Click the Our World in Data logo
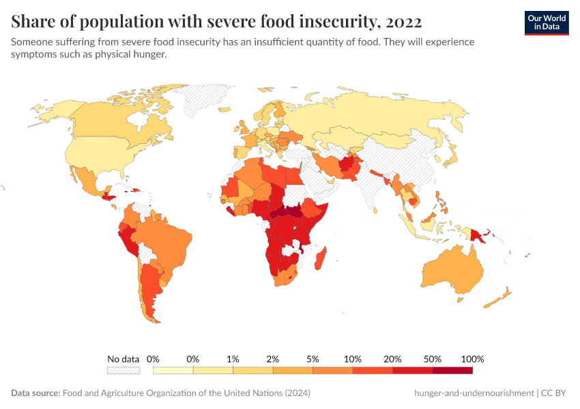click(546, 22)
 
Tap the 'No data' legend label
click(123, 359)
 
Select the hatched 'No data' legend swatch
click(123, 370)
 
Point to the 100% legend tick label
click(472, 359)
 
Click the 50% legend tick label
click(433, 359)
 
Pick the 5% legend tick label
click(313, 359)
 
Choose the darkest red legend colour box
click(452, 370)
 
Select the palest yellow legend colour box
click(173, 370)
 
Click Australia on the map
click(464, 269)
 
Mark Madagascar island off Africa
click(323, 262)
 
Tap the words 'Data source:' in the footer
click(35, 393)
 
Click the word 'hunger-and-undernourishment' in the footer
click(474, 393)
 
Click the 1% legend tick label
click(233, 359)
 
